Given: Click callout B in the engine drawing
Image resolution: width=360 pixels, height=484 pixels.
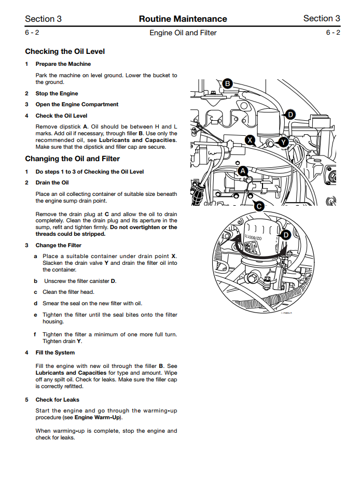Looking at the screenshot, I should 227,83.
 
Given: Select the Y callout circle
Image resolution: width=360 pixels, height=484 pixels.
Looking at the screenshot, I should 283,141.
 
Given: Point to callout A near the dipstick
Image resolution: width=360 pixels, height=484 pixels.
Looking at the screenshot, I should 243,170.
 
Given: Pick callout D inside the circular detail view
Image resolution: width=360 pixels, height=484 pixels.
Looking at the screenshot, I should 285,235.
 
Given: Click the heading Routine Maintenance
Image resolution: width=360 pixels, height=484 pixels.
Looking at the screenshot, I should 183,19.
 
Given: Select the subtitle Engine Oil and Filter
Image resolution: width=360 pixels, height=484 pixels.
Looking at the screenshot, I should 183,33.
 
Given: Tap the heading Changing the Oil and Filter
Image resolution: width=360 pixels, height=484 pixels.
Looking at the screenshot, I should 72,159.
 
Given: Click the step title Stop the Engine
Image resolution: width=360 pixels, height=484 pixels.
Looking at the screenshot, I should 57,93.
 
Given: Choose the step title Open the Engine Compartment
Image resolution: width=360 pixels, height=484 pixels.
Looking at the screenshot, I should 77,104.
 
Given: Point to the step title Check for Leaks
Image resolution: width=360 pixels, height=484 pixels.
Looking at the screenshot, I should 57,400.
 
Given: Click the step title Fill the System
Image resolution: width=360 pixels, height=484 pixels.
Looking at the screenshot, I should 55,352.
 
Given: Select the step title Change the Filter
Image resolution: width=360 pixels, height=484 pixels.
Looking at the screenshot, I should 58,245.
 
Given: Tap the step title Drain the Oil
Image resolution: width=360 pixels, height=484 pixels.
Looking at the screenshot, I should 52,182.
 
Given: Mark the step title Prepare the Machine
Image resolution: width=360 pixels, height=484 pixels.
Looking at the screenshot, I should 63,64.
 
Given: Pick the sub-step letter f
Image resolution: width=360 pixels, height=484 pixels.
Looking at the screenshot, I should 35,335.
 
